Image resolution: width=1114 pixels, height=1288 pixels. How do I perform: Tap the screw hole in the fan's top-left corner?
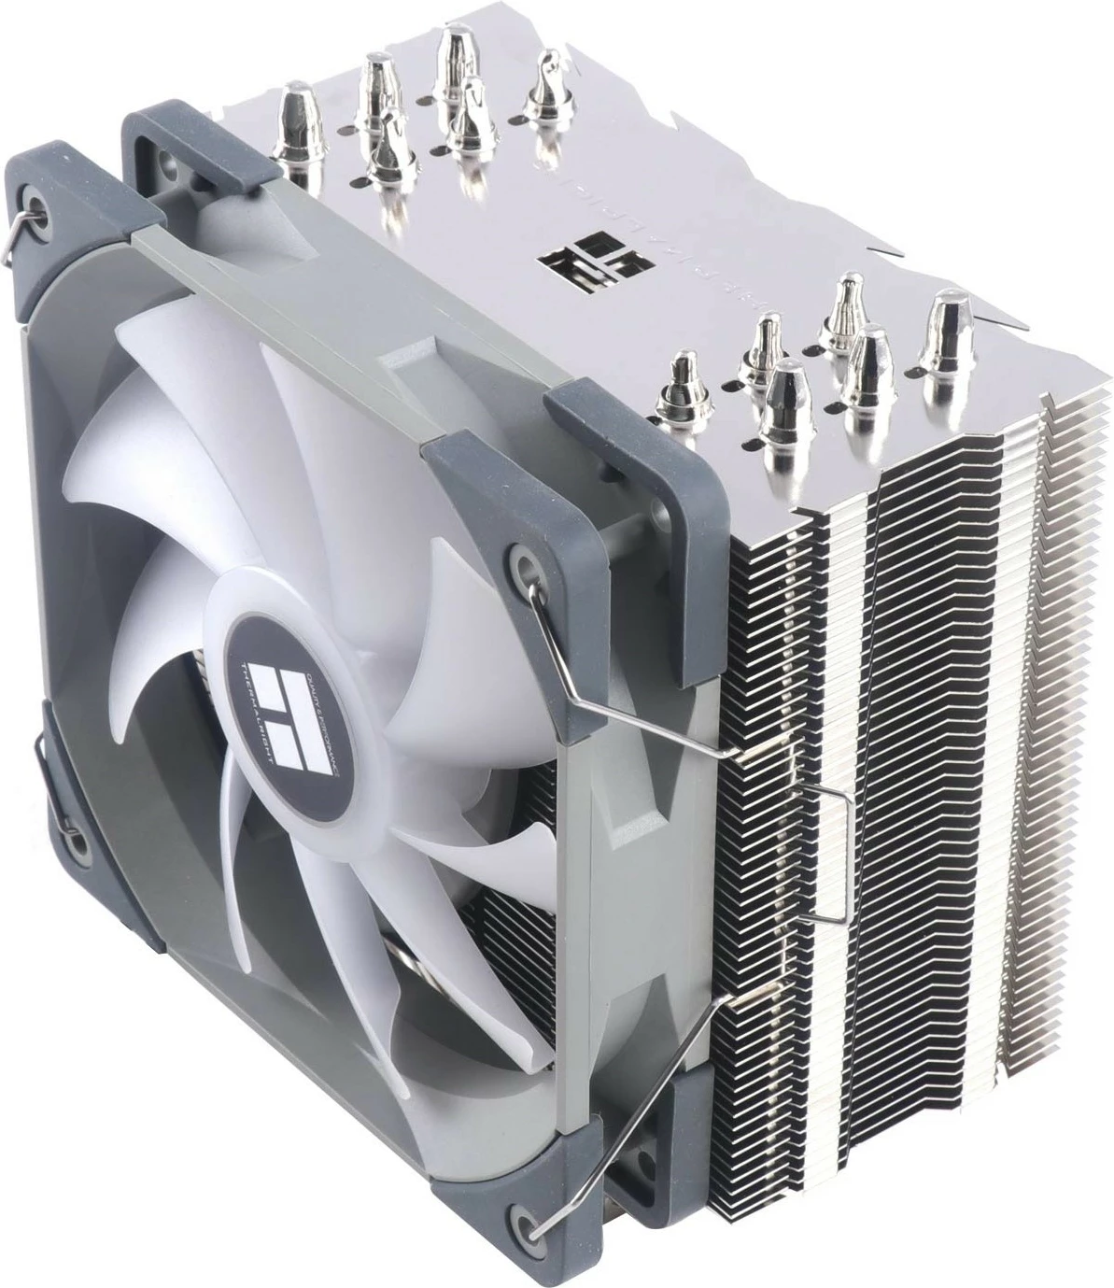coord(38,178)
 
